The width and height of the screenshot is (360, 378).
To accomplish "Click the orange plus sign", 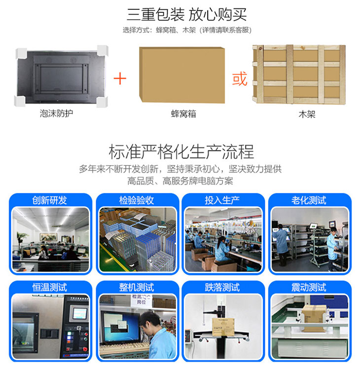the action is click(120, 78).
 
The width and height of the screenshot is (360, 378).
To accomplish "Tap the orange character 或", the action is click(240, 78).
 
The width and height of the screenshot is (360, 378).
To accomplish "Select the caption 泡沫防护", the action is click(56, 113).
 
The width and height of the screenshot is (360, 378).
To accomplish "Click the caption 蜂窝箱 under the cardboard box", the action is click(183, 114).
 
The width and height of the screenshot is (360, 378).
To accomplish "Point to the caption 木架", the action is click(307, 114).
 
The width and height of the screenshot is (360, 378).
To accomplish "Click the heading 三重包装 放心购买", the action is click(187, 15).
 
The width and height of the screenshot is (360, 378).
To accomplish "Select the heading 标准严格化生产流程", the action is click(181, 152).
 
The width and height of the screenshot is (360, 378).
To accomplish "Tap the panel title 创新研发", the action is click(50, 200).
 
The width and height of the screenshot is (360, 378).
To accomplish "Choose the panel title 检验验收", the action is click(137, 200).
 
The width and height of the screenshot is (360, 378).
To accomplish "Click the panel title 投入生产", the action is click(222, 200).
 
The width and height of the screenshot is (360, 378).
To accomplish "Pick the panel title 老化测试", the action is click(309, 200).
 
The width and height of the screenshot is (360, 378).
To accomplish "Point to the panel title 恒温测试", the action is click(50, 288).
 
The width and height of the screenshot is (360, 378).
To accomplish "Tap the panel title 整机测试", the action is click(137, 288).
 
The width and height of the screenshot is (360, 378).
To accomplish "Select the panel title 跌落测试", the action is click(222, 288).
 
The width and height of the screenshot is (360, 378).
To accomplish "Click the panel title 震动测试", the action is click(309, 288).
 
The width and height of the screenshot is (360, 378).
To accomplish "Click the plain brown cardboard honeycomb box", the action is click(182, 75).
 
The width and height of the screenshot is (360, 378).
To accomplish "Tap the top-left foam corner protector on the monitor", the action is click(21, 53).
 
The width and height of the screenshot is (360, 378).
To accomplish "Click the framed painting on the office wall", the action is click(49, 237).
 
